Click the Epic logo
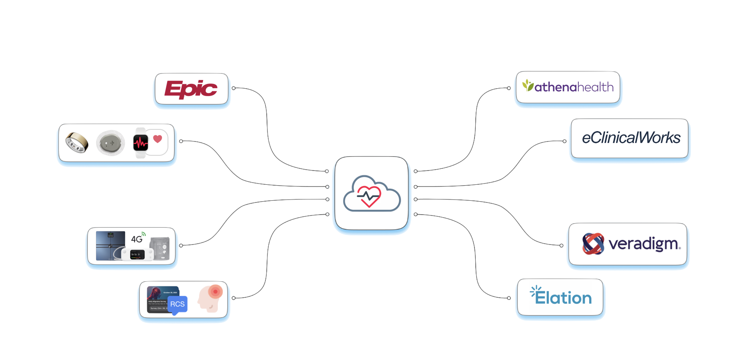(x=191, y=89)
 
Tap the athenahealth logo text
(x=574, y=87)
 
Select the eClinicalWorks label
(x=631, y=138)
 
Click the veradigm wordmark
(x=644, y=244)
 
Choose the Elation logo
(x=561, y=297)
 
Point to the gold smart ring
(x=77, y=142)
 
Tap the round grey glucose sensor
(x=110, y=143)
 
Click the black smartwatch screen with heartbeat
(x=140, y=142)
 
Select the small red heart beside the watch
(x=158, y=139)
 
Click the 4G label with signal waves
(x=138, y=238)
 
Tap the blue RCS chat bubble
(x=177, y=304)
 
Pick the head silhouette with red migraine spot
(x=210, y=298)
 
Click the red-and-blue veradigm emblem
(x=593, y=244)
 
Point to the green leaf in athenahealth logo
(x=527, y=85)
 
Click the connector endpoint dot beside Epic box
(x=234, y=88)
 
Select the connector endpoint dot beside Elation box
(x=509, y=298)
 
